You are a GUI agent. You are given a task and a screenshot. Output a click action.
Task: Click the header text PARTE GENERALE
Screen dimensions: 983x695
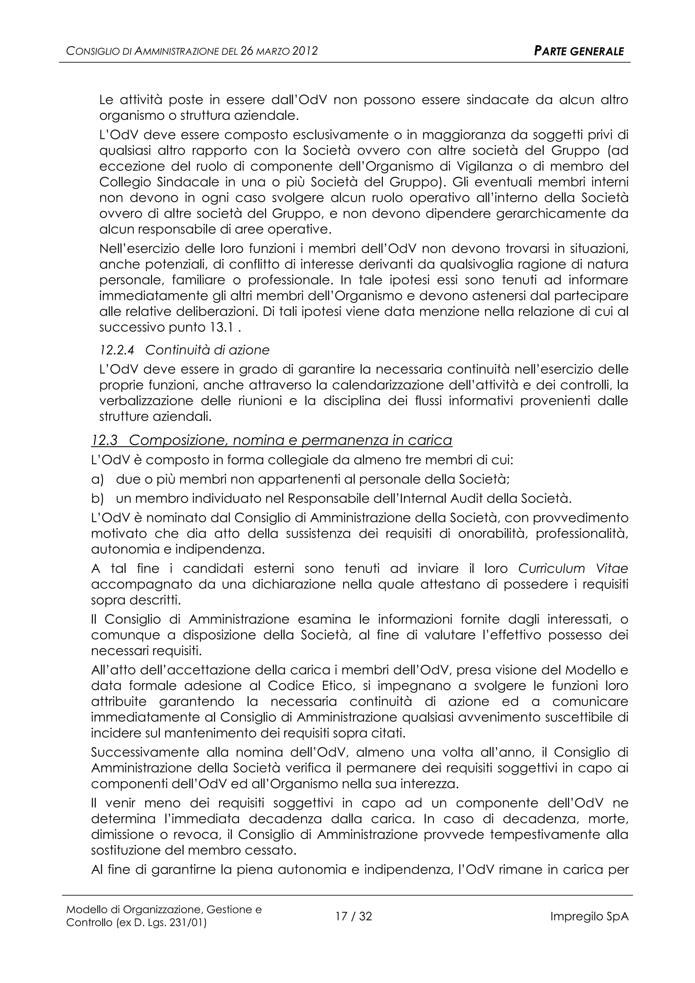[579, 51]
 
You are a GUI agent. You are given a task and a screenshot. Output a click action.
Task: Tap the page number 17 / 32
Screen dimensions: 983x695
[354, 916]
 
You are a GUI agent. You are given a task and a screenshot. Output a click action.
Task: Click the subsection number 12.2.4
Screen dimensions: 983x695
[116, 350]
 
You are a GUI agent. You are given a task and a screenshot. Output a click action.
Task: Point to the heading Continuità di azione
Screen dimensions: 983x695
[208, 350]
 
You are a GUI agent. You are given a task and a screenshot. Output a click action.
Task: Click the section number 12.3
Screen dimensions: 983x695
[105, 440]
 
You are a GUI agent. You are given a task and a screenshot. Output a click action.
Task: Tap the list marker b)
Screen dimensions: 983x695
[98, 499]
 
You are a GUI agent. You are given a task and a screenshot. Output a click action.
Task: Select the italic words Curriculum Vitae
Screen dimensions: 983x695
[573, 569]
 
